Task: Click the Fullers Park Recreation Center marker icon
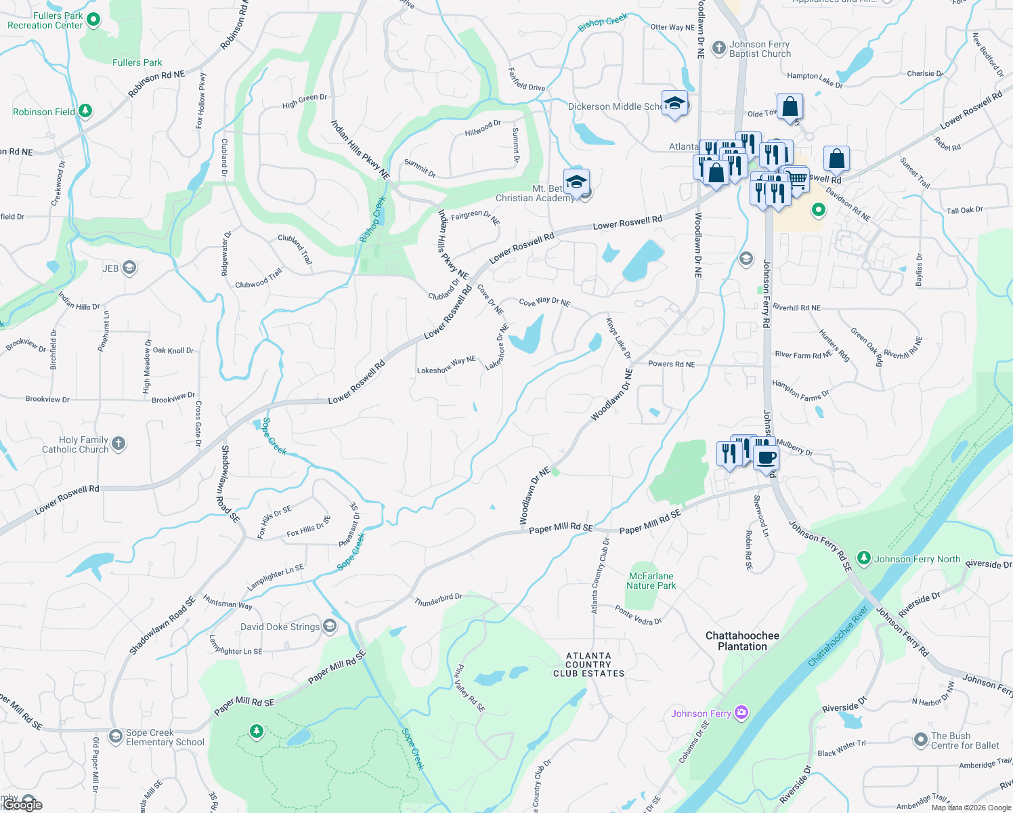[x=93, y=20]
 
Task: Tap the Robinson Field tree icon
[x=85, y=111]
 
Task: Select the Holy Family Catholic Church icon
[x=118, y=444]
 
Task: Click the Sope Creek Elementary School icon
[x=116, y=736]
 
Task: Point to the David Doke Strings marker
[x=330, y=626]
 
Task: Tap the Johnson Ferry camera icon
[x=741, y=713]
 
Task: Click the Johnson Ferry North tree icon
[x=863, y=558]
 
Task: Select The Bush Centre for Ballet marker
[x=920, y=740]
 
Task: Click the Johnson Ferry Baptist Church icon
[x=719, y=49]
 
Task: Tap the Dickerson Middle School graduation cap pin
[x=674, y=104]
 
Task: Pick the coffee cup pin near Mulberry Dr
[x=766, y=457]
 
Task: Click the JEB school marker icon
[x=129, y=268]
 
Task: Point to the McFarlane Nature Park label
[x=651, y=581]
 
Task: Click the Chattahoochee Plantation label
[x=742, y=641]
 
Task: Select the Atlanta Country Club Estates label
[x=588, y=665]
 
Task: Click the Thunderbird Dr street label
[x=438, y=600]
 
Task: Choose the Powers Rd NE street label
[x=671, y=364]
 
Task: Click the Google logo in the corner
[x=22, y=804]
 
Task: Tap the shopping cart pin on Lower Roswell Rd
[x=797, y=180]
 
